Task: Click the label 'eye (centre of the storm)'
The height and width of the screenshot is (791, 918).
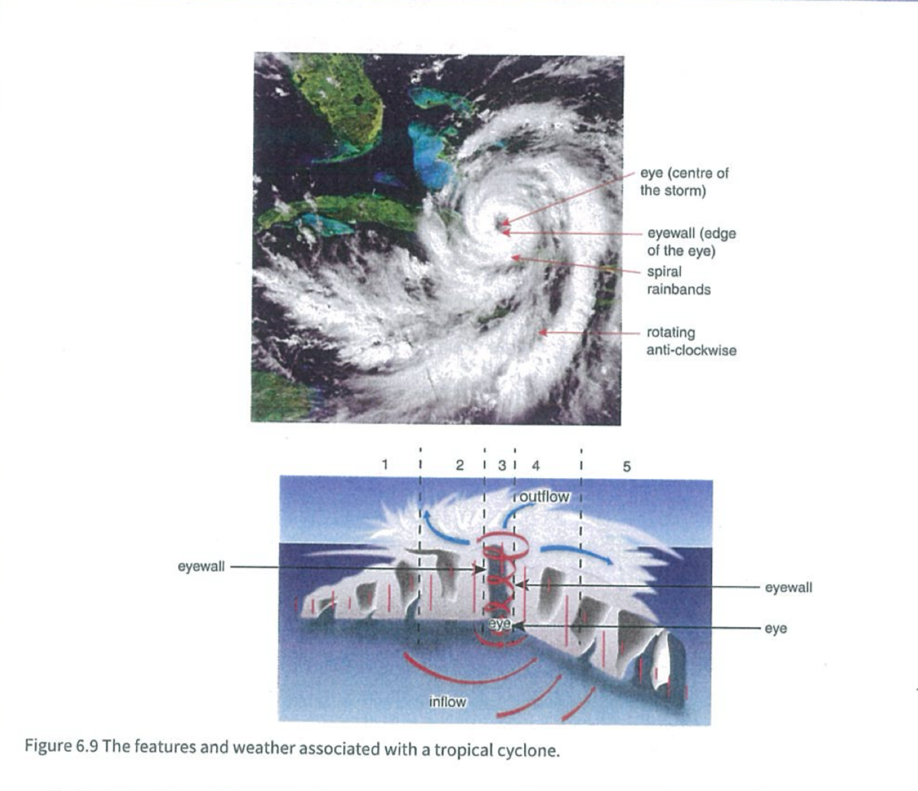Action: click(x=684, y=182)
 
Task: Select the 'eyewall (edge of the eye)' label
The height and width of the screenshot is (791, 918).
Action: click(x=692, y=242)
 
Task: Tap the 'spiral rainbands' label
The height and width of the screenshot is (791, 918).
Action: click(x=679, y=280)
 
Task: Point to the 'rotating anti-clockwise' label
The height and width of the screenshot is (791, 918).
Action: click(x=691, y=341)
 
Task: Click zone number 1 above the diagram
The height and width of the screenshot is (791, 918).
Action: click(x=385, y=464)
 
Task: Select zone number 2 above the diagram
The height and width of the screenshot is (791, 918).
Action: click(x=459, y=465)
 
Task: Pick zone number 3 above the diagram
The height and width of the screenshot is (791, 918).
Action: click(x=502, y=465)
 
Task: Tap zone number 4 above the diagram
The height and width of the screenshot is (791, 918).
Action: click(x=536, y=466)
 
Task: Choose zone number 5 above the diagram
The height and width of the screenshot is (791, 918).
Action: click(x=627, y=467)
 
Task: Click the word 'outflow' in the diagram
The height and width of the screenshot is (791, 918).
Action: click(x=544, y=496)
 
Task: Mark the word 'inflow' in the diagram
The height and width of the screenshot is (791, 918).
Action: click(x=448, y=702)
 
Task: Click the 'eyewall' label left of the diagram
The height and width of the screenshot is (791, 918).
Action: click(x=201, y=567)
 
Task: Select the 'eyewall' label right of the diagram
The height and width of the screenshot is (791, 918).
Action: click(x=789, y=588)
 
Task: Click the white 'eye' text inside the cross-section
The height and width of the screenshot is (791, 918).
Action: click(x=499, y=624)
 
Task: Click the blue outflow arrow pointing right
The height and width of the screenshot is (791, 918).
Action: click(x=577, y=552)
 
